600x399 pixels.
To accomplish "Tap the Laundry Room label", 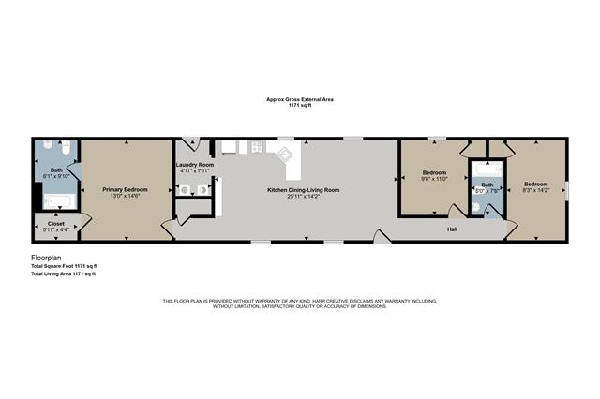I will (x=195, y=165).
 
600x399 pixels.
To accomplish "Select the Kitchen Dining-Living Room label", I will (x=304, y=189).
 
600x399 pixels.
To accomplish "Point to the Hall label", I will (x=452, y=228).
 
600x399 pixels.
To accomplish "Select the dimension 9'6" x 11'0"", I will (x=433, y=179).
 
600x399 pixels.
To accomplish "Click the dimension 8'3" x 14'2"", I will (x=535, y=190).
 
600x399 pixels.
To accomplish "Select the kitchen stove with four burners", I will (x=254, y=147).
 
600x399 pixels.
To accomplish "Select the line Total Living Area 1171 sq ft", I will (x=63, y=273).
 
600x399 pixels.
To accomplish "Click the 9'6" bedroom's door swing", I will (x=457, y=211).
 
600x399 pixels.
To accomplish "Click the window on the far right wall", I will (x=567, y=190).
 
